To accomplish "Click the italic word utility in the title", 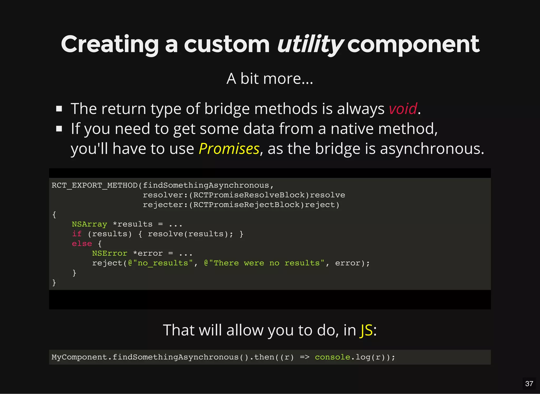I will (310, 44).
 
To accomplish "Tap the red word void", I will (403, 109).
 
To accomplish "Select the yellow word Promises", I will (229, 149).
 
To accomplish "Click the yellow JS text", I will (366, 330).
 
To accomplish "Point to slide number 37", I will (529, 383).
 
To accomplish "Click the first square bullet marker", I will (59, 109).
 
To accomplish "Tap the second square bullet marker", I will (59, 129).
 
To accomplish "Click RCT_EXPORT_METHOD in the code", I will (95, 185).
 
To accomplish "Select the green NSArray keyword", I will (89, 224).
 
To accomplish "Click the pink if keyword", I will (77, 234).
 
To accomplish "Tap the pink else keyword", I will (82, 244).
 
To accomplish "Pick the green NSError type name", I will (110, 253).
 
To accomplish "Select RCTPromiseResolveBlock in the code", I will (249, 195).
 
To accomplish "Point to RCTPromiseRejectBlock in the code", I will (246, 205).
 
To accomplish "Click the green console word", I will (332, 357).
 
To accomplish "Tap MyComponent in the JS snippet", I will (79, 357).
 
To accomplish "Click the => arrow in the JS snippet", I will (305, 357).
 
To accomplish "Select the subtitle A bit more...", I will (269, 79).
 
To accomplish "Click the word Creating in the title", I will (110, 44).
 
